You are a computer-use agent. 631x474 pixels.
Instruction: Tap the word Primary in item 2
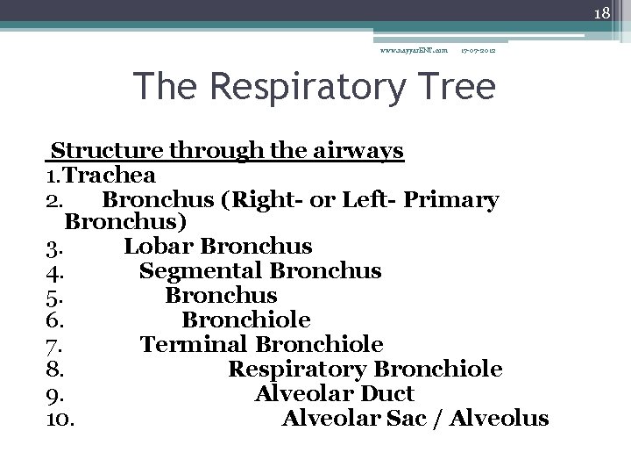pos(457,200)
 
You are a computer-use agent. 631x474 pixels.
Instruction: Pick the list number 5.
pos(54,296)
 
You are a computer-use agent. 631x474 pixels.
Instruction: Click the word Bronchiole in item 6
pos(246,320)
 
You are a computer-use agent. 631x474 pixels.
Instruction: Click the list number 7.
pos(54,345)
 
